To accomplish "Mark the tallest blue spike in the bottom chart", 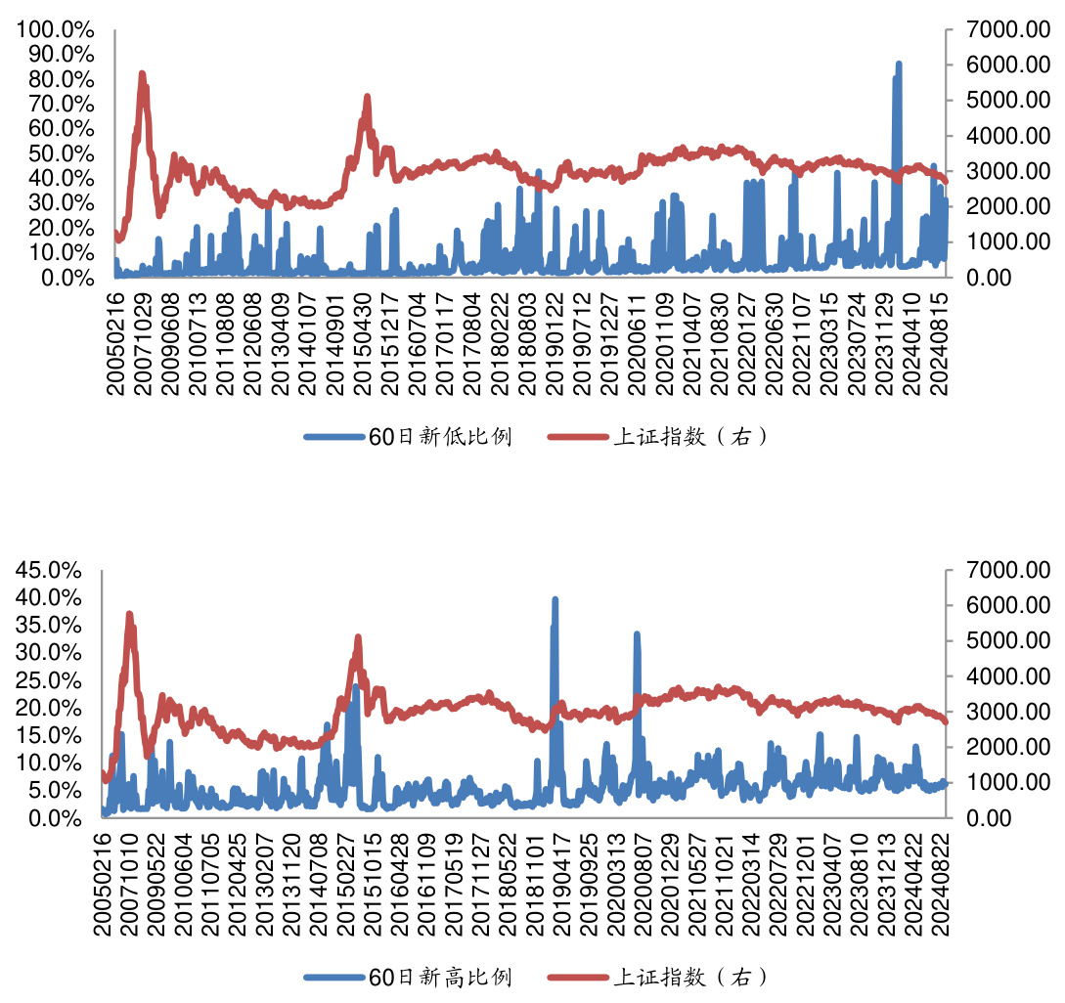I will (x=555, y=599).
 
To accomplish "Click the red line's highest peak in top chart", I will (x=142, y=73).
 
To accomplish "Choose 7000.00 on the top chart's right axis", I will (x=1003, y=29).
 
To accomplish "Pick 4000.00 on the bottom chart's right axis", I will (x=1003, y=676).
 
